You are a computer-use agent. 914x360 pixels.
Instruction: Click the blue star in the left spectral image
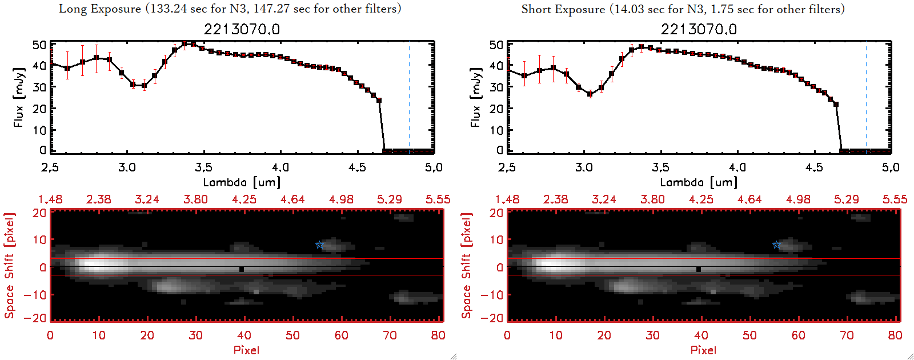[x=319, y=245]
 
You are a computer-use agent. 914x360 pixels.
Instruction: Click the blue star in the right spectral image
[x=776, y=245]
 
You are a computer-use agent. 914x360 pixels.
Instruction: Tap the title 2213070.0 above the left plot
[x=242, y=29]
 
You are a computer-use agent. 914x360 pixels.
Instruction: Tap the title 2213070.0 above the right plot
[x=699, y=29]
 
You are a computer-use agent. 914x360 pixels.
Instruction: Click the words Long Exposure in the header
[x=100, y=9]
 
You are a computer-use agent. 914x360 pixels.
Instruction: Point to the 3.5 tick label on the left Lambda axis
[x=203, y=167]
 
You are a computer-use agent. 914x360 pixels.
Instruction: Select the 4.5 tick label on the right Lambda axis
[x=814, y=167]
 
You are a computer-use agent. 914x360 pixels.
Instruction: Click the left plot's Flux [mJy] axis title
[x=19, y=97]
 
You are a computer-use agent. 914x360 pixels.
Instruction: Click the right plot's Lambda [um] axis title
[x=699, y=182]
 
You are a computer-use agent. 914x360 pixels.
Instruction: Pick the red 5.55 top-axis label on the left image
[x=438, y=199]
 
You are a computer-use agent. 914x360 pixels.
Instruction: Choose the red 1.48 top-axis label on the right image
[x=507, y=199]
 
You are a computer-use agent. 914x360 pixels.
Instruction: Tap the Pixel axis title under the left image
[x=246, y=350]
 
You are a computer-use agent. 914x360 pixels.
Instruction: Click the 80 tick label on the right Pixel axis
[x=895, y=335]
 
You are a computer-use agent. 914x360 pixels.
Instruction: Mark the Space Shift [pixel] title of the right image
[x=467, y=266]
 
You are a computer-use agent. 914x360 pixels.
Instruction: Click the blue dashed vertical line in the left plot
[x=409, y=97]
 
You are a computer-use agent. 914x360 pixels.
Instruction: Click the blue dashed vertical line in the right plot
[x=866, y=97]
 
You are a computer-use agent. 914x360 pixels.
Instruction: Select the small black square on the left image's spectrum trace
[x=242, y=269]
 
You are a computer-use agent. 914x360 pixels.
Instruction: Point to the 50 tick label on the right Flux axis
[x=496, y=45]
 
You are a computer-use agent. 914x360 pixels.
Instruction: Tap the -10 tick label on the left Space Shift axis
[x=35, y=295]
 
